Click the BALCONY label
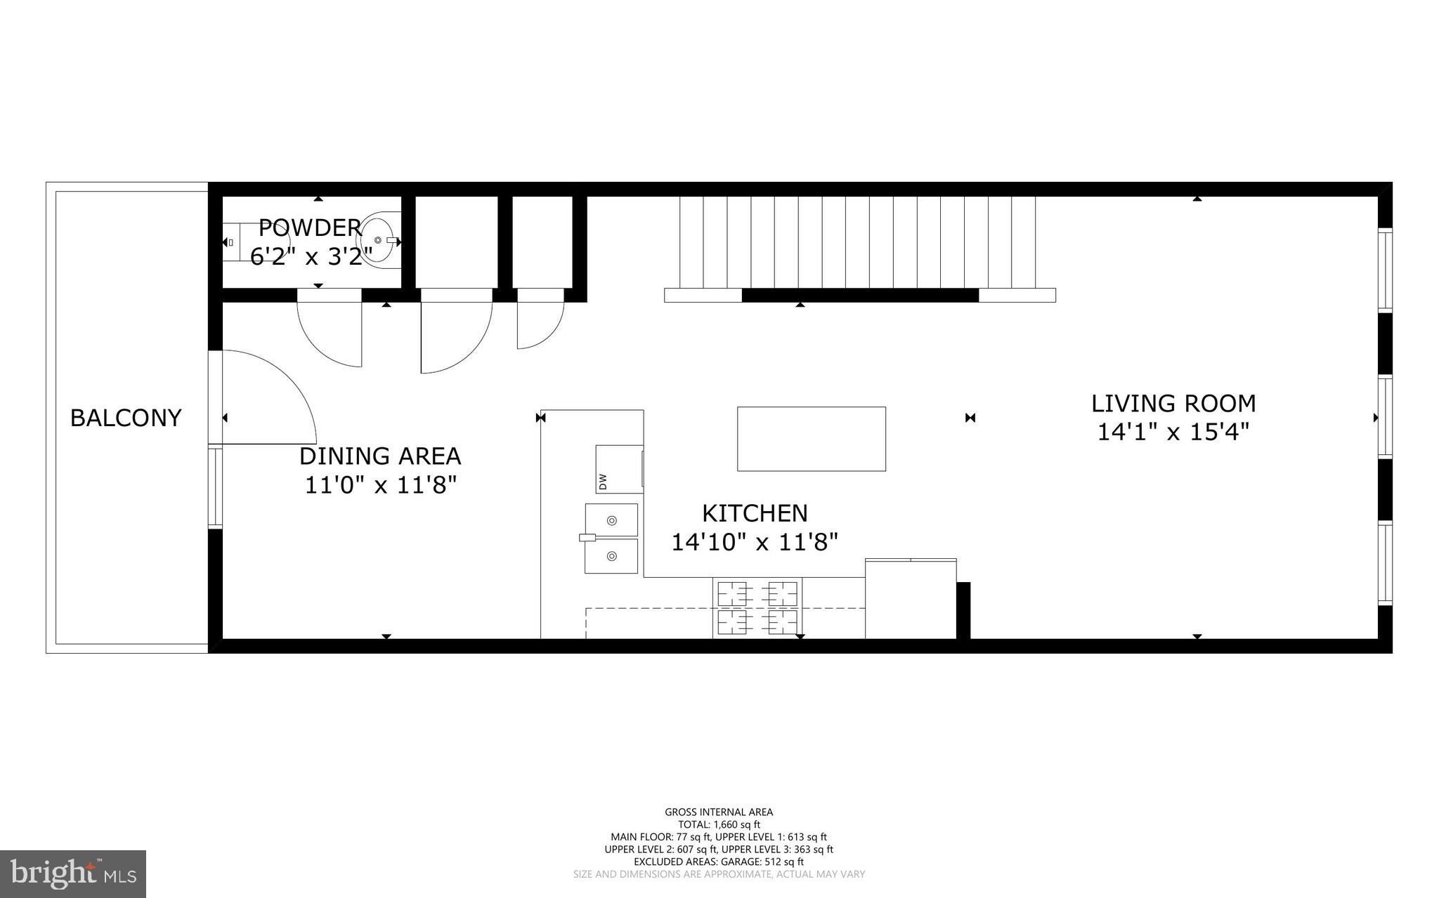pos(126,418)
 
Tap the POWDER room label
pos(310,227)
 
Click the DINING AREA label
pos(380,456)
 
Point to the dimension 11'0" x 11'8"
pos(381,484)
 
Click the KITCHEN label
pos(755,513)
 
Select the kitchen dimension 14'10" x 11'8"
pos(755,542)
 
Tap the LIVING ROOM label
pos(1173,403)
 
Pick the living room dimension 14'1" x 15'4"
pos(1173,432)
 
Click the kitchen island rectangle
pos(811,439)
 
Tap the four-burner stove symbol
pos(757,608)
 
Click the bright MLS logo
pos(73,873)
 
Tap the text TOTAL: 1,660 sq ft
pos(719,824)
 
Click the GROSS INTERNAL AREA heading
pos(719,812)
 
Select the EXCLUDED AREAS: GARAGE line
pos(719,861)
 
